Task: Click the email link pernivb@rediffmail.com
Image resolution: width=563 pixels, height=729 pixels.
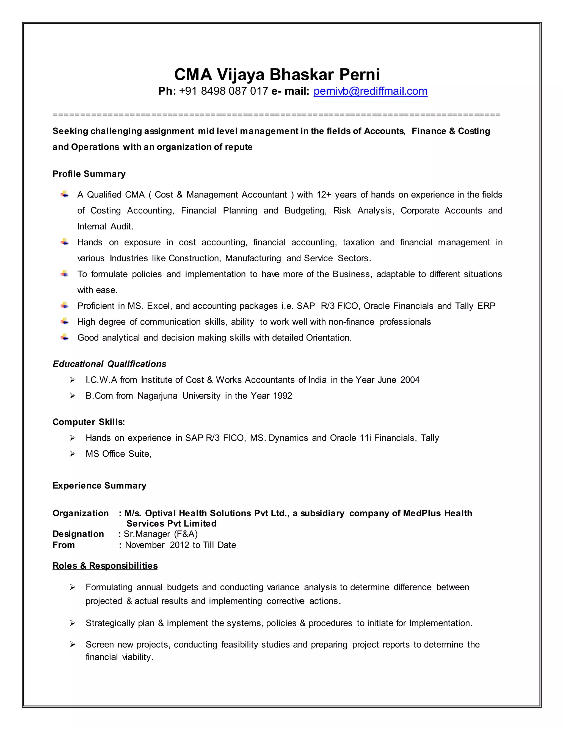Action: point(370,91)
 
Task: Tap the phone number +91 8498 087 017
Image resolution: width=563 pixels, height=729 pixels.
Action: point(223,91)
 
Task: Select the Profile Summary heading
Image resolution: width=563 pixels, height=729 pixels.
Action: point(89,174)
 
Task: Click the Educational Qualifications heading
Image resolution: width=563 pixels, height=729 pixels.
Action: point(109,364)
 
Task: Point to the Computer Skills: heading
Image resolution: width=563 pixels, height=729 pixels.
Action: point(89,422)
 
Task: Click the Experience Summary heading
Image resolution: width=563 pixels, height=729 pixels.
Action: point(100,485)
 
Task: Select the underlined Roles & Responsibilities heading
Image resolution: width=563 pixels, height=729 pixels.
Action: point(105,566)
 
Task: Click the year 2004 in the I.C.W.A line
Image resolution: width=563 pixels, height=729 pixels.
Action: point(410,380)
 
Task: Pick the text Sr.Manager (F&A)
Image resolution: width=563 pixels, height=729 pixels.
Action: point(161,534)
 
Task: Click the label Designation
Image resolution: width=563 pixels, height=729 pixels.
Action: point(78,534)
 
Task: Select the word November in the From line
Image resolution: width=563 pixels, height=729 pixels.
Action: point(145,545)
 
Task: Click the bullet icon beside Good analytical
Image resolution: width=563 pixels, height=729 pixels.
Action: point(65,337)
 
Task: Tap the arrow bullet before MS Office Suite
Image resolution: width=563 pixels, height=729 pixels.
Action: point(72,454)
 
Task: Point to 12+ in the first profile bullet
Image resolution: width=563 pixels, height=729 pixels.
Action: point(324,194)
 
